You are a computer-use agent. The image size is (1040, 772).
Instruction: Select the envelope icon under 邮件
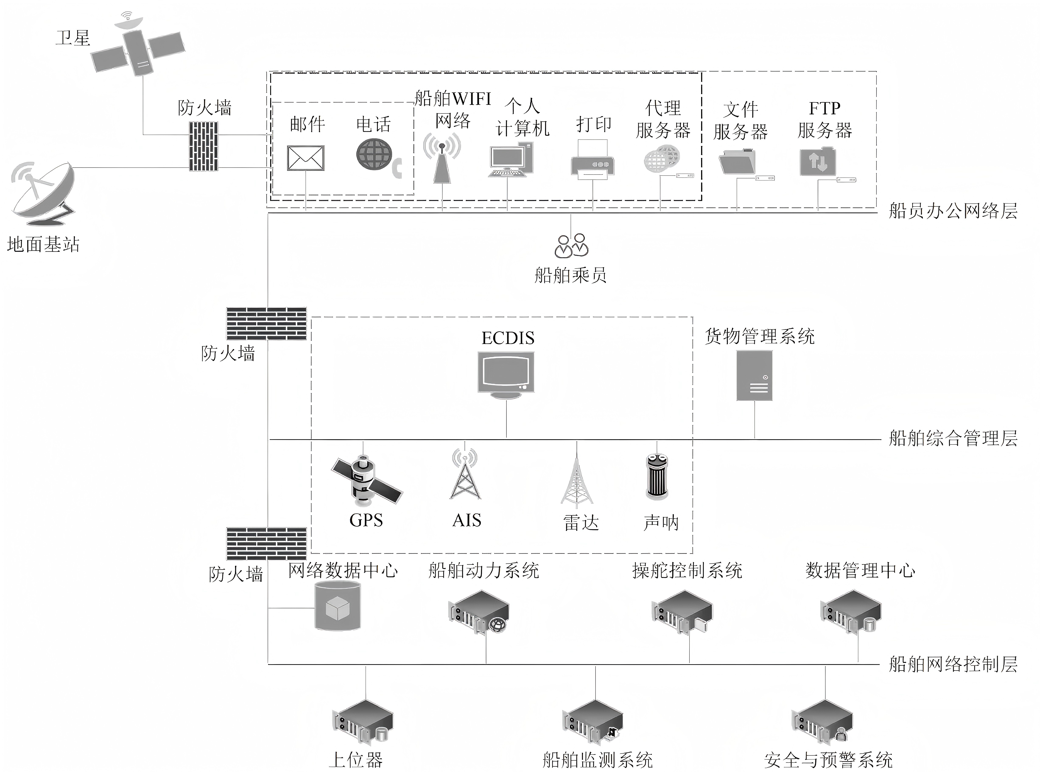pos(306,158)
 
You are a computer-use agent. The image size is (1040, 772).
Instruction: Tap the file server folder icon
pos(737,162)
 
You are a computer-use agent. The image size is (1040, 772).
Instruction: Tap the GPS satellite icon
pos(366,481)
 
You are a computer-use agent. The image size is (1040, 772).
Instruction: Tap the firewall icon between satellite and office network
pos(203,146)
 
